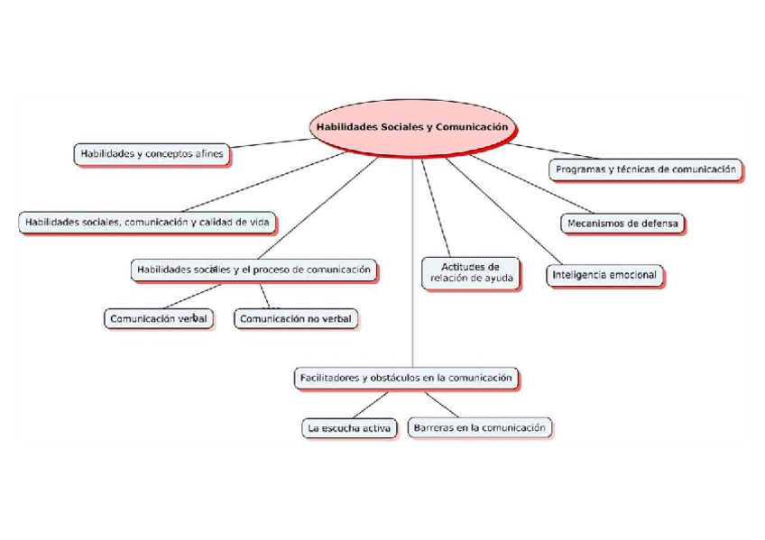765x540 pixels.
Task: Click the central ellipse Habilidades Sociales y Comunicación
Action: pos(411,128)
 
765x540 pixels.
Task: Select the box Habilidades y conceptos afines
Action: pos(151,154)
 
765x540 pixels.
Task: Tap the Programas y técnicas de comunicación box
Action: pos(645,169)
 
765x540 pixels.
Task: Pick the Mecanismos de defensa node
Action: pos(622,223)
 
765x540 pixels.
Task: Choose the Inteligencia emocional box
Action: pos(604,275)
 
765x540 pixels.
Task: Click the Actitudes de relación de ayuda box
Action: pos(471,272)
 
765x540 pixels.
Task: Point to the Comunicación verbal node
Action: pos(159,318)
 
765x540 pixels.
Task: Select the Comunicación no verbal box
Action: pos(296,318)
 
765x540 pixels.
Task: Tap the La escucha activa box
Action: pos(348,428)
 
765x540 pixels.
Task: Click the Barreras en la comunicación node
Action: pos(480,427)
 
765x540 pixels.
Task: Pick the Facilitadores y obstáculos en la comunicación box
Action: pos(406,378)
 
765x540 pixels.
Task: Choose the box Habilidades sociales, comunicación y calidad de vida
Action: pos(146,222)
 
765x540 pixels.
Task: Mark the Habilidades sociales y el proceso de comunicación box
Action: pos(253,270)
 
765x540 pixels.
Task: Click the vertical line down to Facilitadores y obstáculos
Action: pos(412,297)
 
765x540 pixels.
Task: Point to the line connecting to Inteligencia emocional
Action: pos(505,213)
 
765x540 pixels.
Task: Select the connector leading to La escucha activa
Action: pos(370,404)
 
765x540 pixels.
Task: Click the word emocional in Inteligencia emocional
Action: pos(631,275)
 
